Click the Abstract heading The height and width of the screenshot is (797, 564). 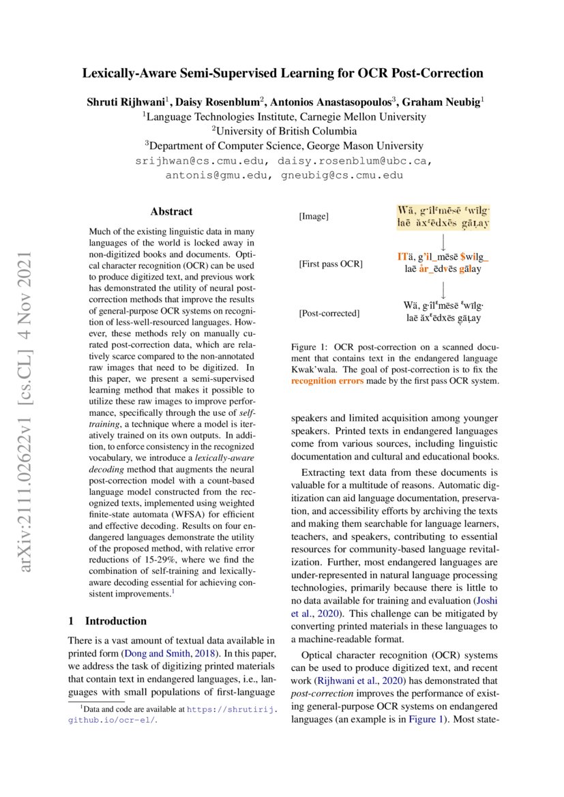tap(171, 211)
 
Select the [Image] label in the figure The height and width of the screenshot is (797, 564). tap(314, 216)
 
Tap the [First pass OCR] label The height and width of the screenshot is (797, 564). tap(330, 263)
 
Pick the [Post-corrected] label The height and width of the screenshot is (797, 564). tap(329, 313)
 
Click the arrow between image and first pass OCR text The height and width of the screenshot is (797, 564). tap(443, 241)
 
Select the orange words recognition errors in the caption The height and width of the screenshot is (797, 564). tap(327, 380)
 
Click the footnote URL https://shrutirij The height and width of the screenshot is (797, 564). tap(231, 709)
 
